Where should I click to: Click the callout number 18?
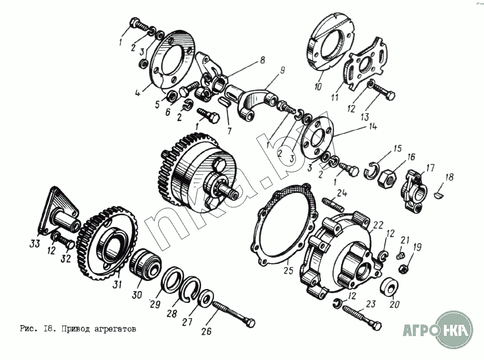(x=449, y=176)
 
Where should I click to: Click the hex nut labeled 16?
(x=389, y=176)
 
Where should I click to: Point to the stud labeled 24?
(x=333, y=205)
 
